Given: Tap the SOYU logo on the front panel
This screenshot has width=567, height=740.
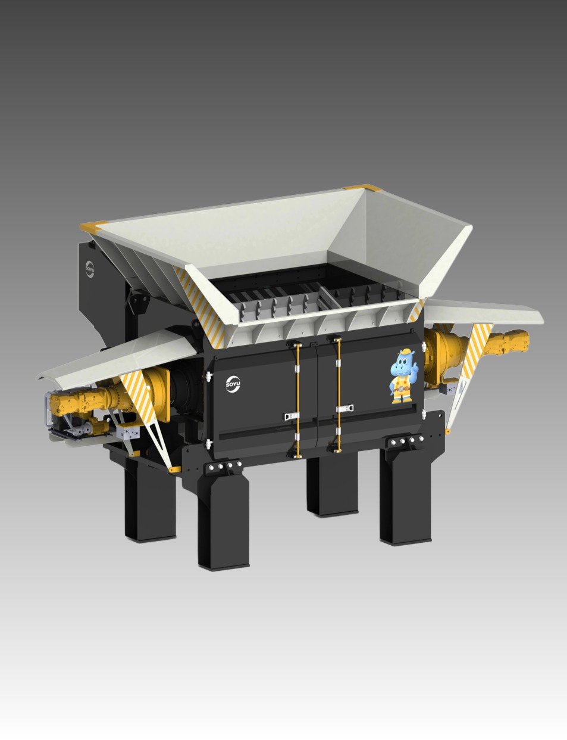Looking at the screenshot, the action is click(x=233, y=384).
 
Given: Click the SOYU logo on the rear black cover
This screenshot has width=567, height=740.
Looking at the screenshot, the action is click(x=90, y=269).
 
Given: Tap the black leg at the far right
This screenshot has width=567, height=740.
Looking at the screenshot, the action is click(x=405, y=496).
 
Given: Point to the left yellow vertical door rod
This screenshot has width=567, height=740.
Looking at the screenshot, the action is click(x=298, y=400).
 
